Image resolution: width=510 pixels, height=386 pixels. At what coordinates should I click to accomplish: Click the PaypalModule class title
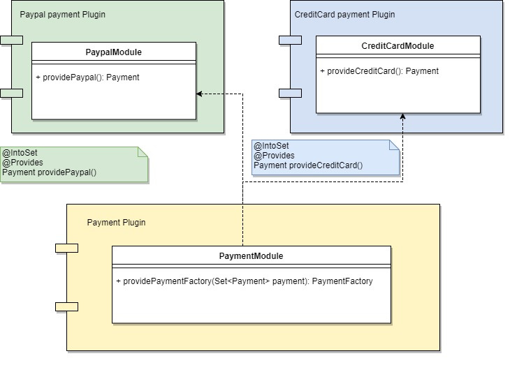tap(114, 52)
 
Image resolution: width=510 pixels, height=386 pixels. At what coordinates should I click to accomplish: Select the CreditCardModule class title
tap(398, 46)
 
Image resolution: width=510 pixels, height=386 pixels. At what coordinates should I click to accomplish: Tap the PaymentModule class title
tap(252, 256)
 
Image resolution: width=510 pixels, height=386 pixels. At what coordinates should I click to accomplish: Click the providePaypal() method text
tap(87, 77)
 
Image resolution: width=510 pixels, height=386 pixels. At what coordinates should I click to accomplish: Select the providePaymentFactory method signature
tap(245, 281)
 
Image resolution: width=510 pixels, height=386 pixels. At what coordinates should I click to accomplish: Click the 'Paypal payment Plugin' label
tap(63, 15)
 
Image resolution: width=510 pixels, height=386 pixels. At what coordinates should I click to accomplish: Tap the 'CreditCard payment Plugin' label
tap(344, 15)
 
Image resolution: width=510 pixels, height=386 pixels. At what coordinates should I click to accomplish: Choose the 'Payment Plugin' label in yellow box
tap(116, 223)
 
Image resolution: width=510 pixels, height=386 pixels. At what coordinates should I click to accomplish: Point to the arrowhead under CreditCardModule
tap(402, 117)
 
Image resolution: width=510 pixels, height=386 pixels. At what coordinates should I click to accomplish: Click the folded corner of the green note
tap(143, 151)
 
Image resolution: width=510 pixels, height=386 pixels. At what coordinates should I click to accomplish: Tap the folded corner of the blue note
tap(393, 144)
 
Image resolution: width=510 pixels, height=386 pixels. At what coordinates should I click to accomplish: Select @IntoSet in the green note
tap(16, 153)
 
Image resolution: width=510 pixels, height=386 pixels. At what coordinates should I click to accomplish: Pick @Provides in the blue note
tap(274, 156)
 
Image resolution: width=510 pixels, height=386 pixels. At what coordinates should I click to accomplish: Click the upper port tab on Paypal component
tap(11, 40)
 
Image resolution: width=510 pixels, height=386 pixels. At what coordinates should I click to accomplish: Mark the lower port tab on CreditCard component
tap(290, 93)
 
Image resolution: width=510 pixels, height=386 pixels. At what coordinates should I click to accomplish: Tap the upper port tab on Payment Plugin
tap(66, 248)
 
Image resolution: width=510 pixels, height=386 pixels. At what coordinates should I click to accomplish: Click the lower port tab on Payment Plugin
tap(66, 306)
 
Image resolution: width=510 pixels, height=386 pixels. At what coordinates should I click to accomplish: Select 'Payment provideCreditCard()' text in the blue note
tap(308, 165)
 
